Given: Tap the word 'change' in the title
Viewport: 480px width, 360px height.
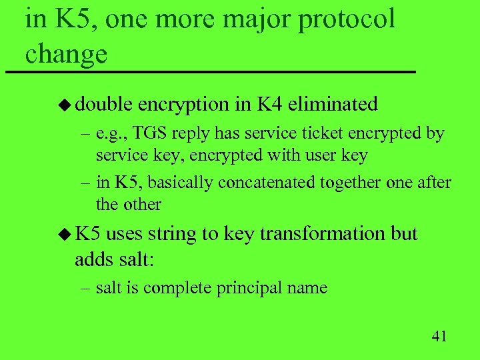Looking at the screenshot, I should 66,53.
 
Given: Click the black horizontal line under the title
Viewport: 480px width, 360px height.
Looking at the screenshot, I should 209,71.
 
